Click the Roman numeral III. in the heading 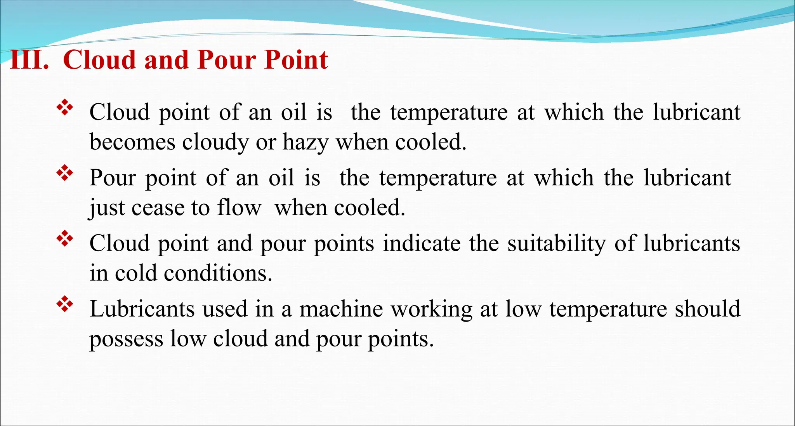(x=30, y=60)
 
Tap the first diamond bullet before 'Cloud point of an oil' (x=65, y=108)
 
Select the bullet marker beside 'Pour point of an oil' (x=65, y=173)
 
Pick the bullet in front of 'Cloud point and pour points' (x=65, y=239)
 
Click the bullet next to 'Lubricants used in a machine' (x=65, y=304)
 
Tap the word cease (x=158, y=208)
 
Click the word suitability (x=556, y=243)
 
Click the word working (x=431, y=310)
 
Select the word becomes (x=132, y=142)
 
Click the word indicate (x=422, y=243)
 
